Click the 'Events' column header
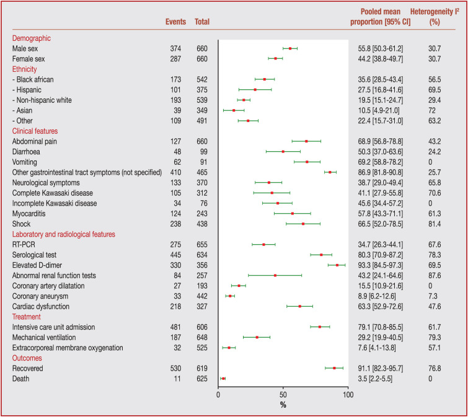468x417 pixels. coord(176,22)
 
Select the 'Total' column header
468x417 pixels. coord(202,22)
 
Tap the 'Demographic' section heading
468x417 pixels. coord(30,38)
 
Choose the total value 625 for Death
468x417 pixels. coord(202,378)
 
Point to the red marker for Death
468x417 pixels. coord(223,378)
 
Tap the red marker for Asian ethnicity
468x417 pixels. coord(234,110)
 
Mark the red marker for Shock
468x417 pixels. coord(303,224)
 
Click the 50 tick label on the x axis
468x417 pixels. coord(283,394)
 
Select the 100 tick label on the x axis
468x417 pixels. coord(348,394)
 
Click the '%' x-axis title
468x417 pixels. coord(283,405)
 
